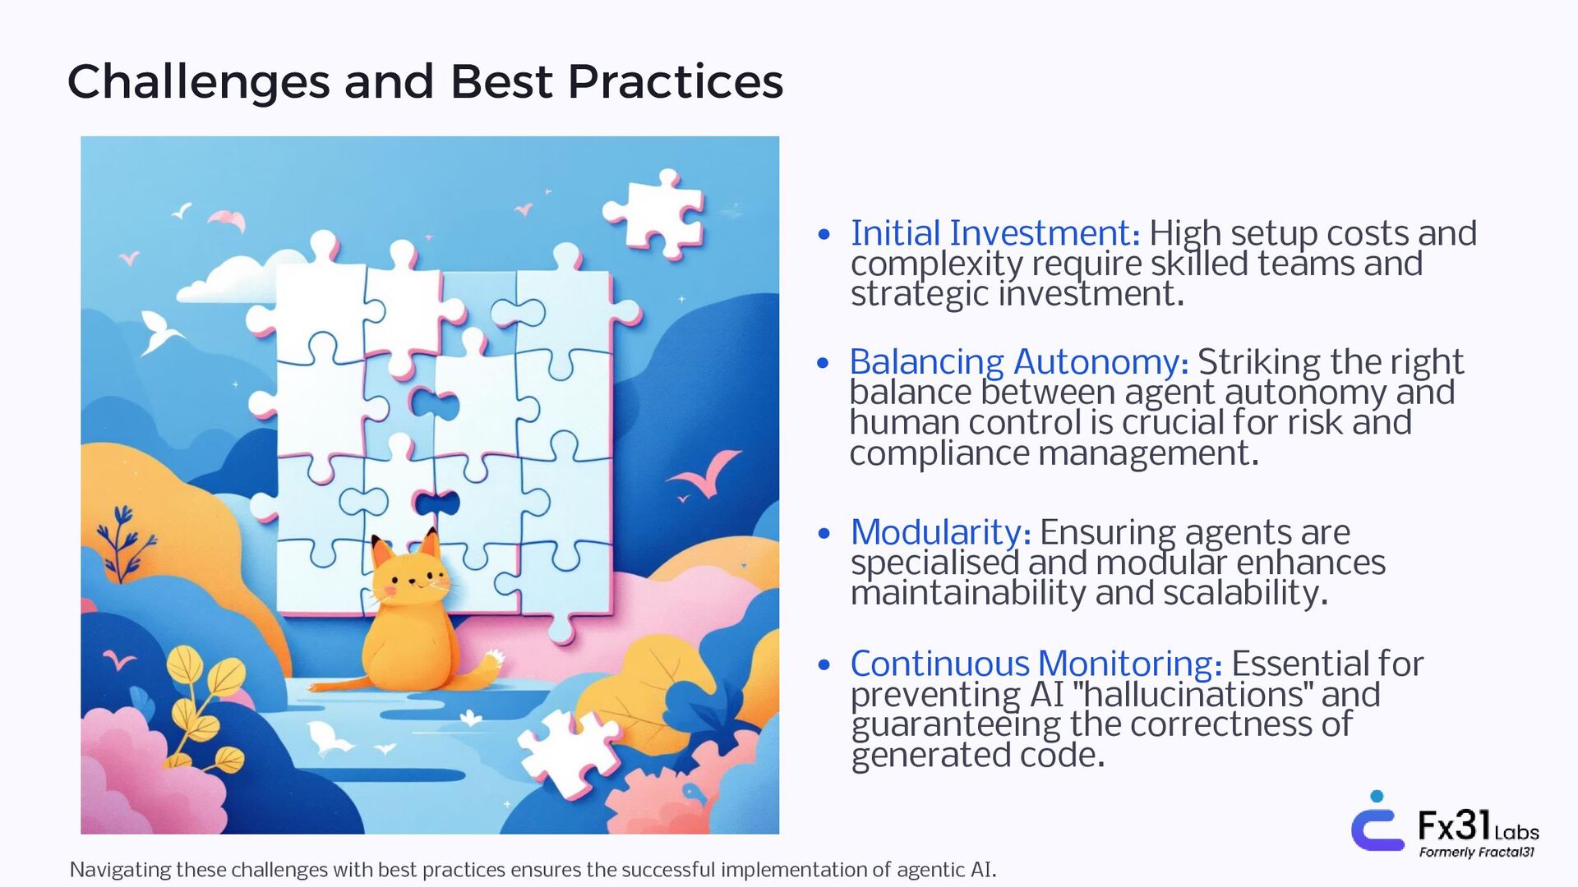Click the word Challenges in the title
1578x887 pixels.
point(198,82)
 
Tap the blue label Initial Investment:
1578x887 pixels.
point(995,233)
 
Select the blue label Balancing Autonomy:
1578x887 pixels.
point(1019,362)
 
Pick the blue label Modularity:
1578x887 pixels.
point(940,532)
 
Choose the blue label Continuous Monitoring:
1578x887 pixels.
point(1036,664)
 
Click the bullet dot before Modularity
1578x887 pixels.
point(824,534)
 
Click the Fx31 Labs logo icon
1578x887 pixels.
point(1377,821)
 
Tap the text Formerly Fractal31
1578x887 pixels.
point(1477,852)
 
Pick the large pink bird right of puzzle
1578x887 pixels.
point(704,475)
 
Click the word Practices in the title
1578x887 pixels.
point(675,82)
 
